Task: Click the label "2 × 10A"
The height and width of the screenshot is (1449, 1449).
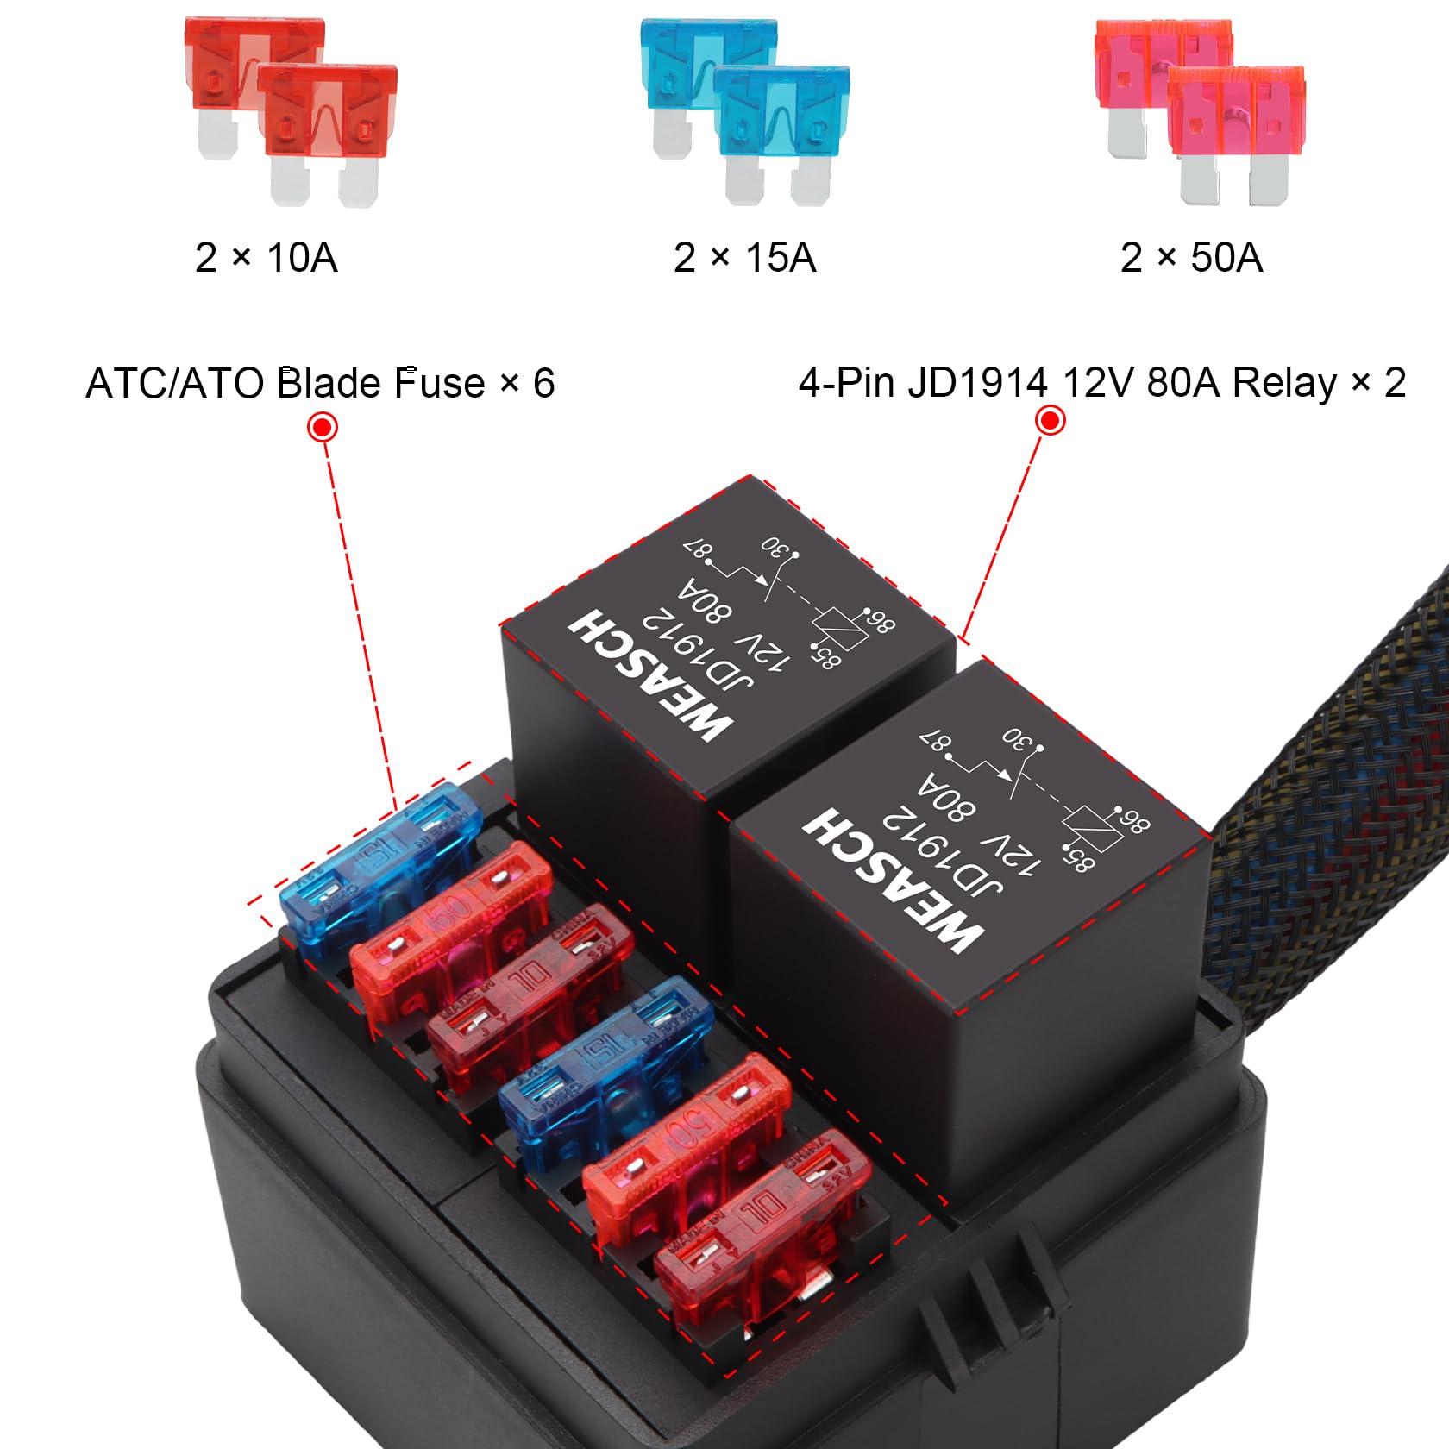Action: coord(266,257)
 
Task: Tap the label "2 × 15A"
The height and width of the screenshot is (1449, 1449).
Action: coord(744,257)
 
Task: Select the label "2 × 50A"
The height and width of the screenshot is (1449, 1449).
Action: coord(1191,257)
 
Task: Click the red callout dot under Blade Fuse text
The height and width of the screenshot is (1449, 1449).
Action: coord(323,427)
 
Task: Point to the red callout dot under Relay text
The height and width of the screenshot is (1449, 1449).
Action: coord(1050,421)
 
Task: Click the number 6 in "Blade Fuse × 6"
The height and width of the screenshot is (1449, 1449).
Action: coord(543,383)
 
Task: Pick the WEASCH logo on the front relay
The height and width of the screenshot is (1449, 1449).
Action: coord(892,880)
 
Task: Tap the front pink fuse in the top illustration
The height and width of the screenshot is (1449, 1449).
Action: coord(1235,129)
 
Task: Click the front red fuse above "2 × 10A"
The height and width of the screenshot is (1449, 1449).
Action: coord(327,129)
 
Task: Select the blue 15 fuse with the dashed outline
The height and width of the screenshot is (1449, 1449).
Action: coord(379,867)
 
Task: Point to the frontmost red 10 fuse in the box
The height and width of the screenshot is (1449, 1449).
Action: coord(759,1225)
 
